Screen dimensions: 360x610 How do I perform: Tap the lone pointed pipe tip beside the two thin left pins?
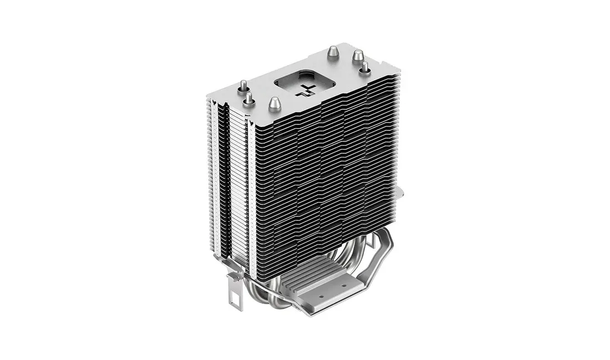273,103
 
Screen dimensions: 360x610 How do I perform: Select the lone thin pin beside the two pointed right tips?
365,68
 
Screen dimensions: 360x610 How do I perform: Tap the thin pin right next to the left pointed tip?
249,99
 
